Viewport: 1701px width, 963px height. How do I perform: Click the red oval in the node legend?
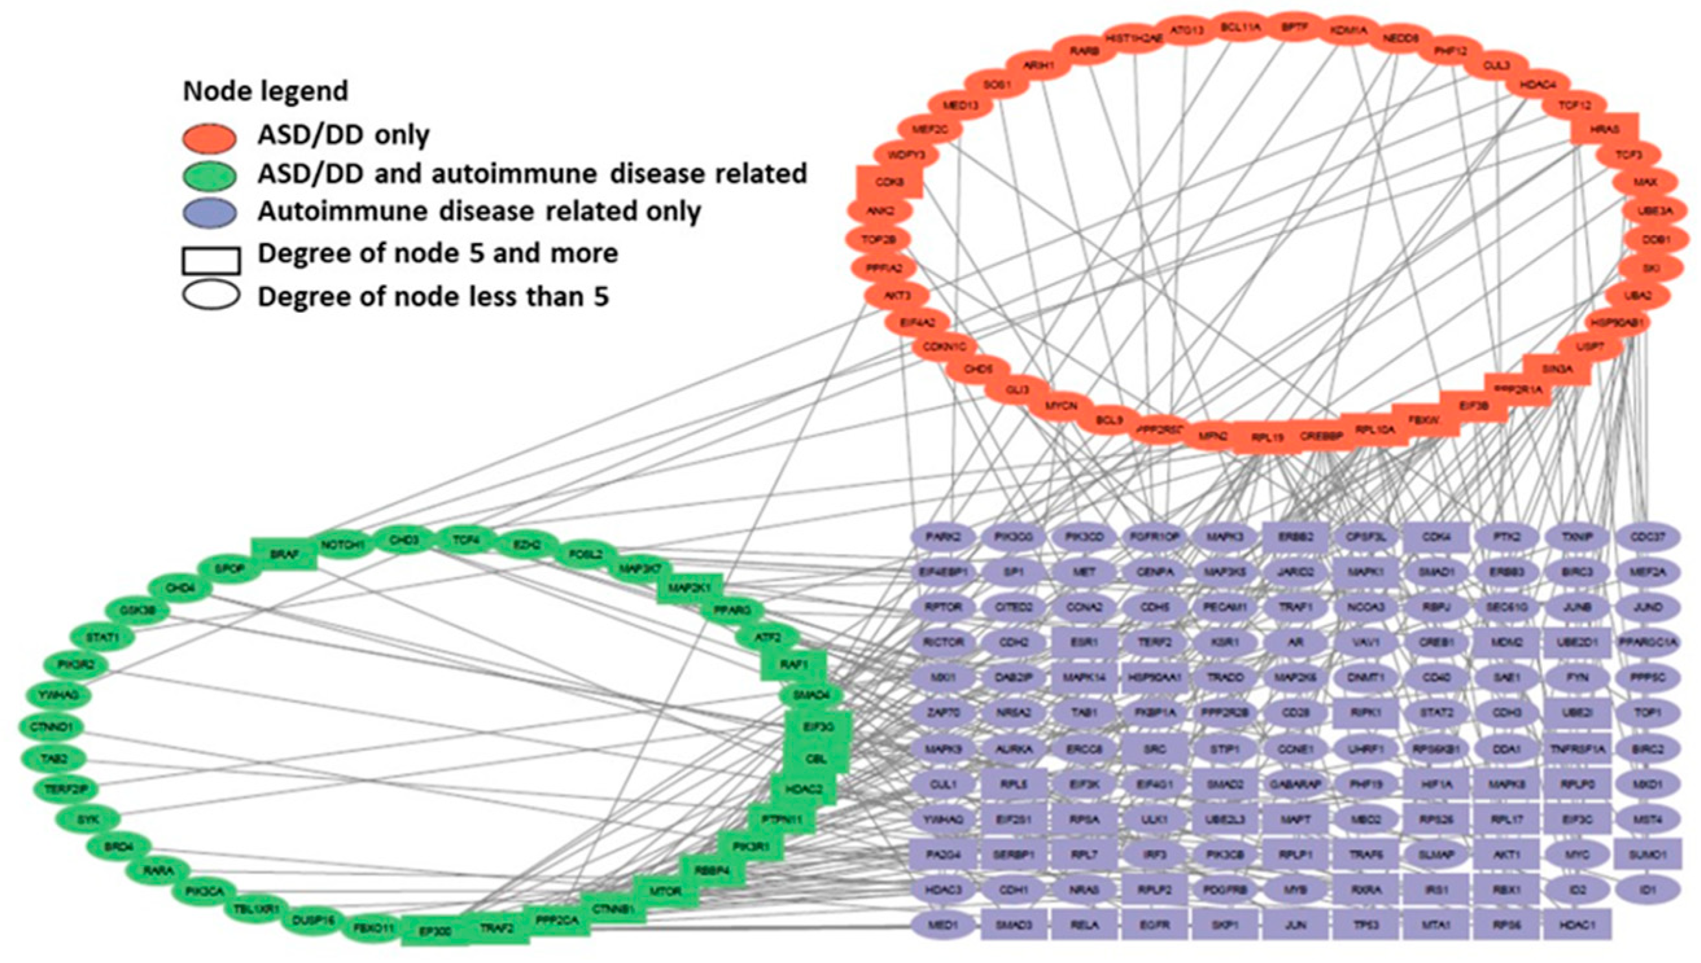pyautogui.click(x=209, y=137)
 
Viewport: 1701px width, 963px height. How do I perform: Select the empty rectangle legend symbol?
pyautogui.click(x=211, y=260)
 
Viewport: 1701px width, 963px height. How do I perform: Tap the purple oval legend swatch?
pyautogui.click(x=209, y=212)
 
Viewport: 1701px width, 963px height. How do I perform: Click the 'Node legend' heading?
pyautogui.click(x=265, y=91)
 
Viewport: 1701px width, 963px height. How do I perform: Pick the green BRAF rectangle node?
pyautogui.click(x=284, y=554)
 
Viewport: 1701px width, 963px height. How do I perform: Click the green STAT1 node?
pyautogui.click(x=102, y=638)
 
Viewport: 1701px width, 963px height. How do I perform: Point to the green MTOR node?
pyautogui.click(x=665, y=891)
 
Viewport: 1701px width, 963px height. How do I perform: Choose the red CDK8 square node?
pyautogui.click(x=889, y=182)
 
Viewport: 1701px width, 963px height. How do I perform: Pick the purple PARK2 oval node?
pyautogui.click(x=943, y=536)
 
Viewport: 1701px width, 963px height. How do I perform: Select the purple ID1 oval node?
pyautogui.click(x=1647, y=890)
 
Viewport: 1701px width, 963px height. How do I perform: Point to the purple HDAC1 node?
pyautogui.click(x=1577, y=925)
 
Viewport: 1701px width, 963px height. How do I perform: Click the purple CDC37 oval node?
pyautogui.click(x=1647, y=536)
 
